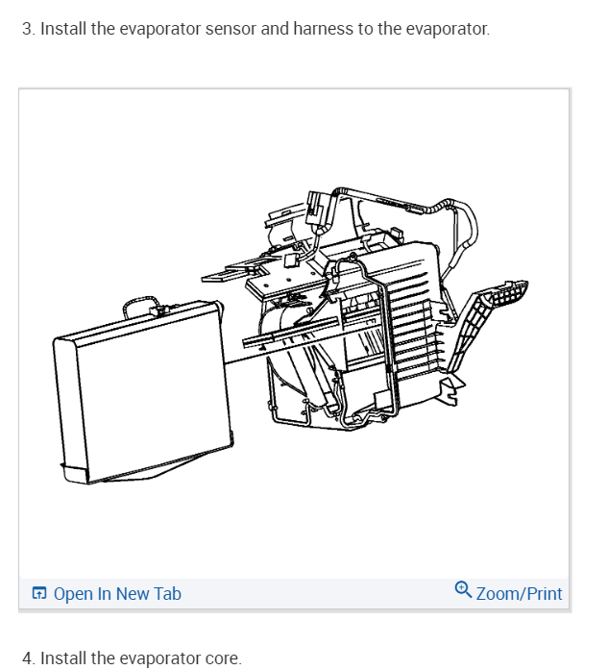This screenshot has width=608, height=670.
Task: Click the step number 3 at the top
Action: click(26, 29)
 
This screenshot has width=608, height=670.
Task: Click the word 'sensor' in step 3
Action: click(231, 29)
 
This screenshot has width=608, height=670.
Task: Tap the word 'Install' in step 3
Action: click(63, 29)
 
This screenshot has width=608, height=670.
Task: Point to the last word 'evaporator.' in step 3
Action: click(448, 29)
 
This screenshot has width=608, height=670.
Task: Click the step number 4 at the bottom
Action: click(27, 658)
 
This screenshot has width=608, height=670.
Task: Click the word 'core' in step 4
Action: click(220, 658)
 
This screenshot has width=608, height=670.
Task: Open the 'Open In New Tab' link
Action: click(117, 594)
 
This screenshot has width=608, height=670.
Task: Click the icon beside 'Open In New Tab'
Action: click(39, 594)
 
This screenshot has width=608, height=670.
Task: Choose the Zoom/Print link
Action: click(519, 594)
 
